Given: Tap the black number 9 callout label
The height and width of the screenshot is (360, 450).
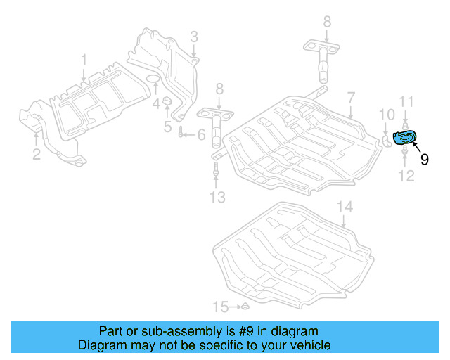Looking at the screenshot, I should coord(424,160).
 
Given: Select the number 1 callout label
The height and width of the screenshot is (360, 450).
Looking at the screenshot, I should coord(84,59).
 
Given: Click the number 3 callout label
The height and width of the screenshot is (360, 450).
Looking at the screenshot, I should coord(194,36).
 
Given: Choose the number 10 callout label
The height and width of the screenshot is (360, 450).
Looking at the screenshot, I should coord(387,115).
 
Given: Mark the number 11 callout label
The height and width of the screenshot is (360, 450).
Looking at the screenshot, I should coord(406,103).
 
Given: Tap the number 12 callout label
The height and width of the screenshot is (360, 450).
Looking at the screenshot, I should coord(407,175).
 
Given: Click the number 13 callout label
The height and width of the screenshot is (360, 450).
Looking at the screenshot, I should coord(217,198).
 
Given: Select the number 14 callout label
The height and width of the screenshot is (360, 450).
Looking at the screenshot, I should coord(344,207).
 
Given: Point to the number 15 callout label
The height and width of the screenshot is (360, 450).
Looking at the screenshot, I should coord(221,307).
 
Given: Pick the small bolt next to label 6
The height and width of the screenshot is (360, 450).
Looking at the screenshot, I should coord(181,134).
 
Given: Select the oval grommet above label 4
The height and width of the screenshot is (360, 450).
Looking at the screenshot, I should coord(152,77).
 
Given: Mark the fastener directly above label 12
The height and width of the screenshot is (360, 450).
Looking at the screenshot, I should coord(406,151).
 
